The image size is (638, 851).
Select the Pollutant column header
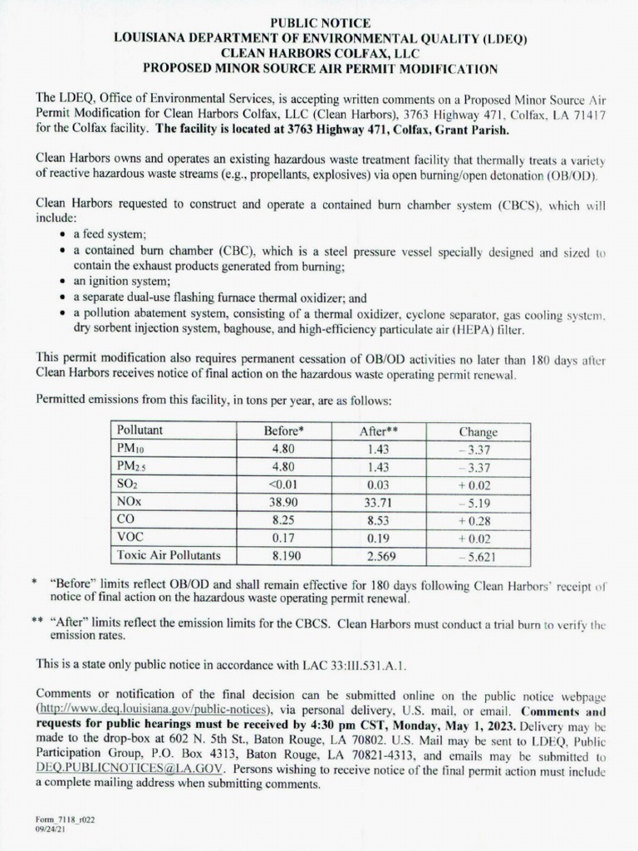(x=140, y=431)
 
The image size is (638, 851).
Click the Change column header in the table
(x=478, y=431)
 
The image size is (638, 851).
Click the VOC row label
(x=130, y=537)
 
